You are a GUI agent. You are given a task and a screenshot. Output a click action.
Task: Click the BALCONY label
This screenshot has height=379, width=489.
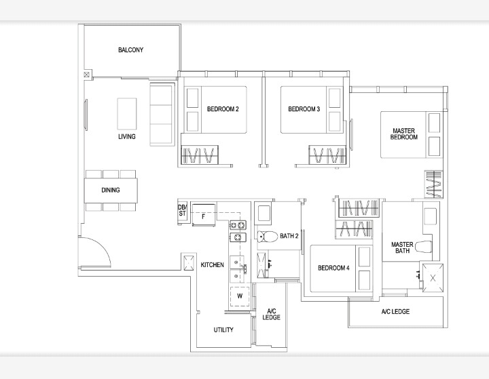click(130, 49)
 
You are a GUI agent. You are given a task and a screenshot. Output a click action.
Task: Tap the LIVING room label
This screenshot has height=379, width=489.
click(127, 136)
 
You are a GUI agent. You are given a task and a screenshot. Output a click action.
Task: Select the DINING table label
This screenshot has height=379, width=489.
click(111, 190)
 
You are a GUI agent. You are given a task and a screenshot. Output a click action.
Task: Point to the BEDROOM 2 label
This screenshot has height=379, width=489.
click(223, 109)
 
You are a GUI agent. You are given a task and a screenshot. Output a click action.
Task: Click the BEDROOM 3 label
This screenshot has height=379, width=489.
click(304, 109)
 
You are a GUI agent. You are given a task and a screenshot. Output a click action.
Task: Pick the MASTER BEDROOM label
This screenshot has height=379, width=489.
click(404, 134)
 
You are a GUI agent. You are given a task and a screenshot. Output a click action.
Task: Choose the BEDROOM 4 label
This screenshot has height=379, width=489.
click(333, 268)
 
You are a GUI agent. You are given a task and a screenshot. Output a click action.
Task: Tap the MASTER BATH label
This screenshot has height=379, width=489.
click(402, 247)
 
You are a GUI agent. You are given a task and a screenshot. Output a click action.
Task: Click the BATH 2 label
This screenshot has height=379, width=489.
click(289, 236)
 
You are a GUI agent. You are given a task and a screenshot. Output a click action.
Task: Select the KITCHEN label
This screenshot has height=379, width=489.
click(213, 264)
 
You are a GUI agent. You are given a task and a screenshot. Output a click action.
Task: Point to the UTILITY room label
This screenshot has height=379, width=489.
click(223, 330)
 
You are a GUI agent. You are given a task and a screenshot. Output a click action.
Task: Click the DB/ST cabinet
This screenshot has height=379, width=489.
click(183, 211)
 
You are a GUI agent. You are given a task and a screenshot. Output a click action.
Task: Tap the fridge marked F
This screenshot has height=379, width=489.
click(204, 215)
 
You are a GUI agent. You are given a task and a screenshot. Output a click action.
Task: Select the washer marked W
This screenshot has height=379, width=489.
click(240, 296)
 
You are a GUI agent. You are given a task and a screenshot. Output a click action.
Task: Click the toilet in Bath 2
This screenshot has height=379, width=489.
click(268, 237)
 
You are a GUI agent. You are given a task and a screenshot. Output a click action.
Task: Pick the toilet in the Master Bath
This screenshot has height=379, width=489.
click(424, 247)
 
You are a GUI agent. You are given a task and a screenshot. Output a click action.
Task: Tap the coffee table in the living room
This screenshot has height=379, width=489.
click(127, 114)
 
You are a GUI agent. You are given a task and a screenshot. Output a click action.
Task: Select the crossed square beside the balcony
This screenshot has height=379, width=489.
click(87, 75)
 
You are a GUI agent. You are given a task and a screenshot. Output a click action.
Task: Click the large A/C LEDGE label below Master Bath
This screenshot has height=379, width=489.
click(395, 311)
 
